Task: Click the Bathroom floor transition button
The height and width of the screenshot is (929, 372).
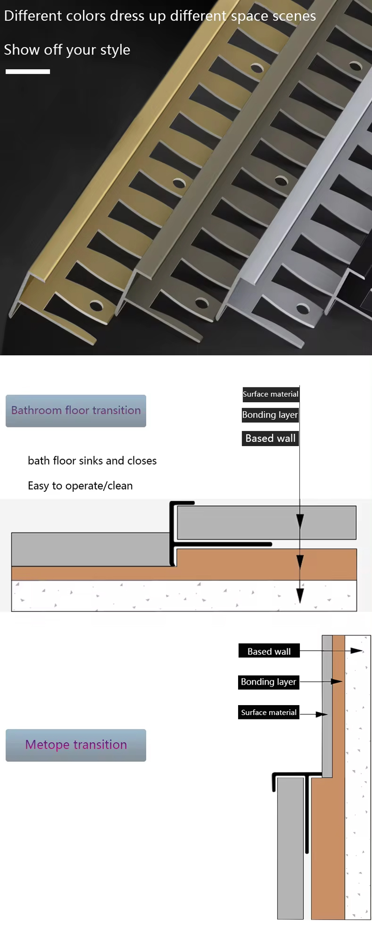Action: pyautogui.click(x=76, y=411)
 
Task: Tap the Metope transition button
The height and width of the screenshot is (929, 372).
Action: pyautogui.click(x=76, y=745)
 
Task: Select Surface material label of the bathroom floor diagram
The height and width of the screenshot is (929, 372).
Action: pyautogui.click(x=271, y=394)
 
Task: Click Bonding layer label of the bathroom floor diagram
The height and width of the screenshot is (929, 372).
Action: pyautogui.click(x=270, y=415)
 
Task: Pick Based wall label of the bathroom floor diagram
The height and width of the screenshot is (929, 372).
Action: pyautogui.click(x=270, y=438)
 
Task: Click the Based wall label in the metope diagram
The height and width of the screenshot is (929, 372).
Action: pyautogui.click(x=269, y=651)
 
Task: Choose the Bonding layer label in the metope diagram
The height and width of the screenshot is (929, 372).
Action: pyautogui.click(x=269, y=682)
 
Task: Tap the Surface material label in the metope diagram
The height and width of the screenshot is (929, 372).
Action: pyautogui.click(x=269, y=713)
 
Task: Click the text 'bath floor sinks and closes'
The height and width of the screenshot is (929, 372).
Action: pyautogui.click(x=92, y=461)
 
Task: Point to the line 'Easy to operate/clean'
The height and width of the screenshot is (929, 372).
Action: pyautogui.click(x=80, y=486)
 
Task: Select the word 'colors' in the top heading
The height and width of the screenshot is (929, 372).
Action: pyautogui.click(x=86, y=16)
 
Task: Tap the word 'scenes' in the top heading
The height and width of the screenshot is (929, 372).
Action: pyautogui.click(x=294, y=16)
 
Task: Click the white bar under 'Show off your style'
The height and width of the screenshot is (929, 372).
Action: pyautogui.click(x=28, y=72)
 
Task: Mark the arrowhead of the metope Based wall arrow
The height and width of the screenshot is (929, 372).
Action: pyautogui.click(x=357, y=651)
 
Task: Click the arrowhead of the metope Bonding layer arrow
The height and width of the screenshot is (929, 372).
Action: pyautogui.click(x=337, y=681)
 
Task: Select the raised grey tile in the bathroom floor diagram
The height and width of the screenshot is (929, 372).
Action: pyautogui.click(x=267, y=523)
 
